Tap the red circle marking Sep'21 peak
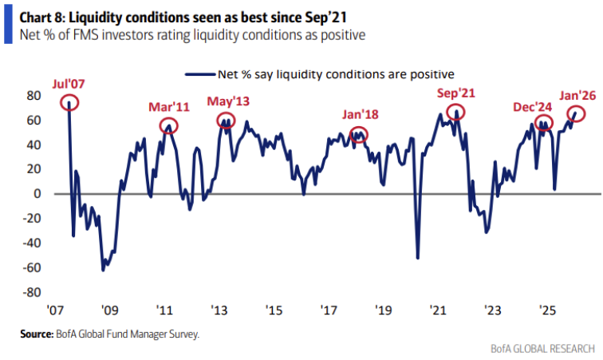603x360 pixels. click(x=455, y=113)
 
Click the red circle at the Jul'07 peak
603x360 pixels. click(x=69, y=102)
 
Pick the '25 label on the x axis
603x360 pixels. click(x=547, y=310)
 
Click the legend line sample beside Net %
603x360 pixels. click(x=199, y=74)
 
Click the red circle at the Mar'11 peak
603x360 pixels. click(x=168, y=125)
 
